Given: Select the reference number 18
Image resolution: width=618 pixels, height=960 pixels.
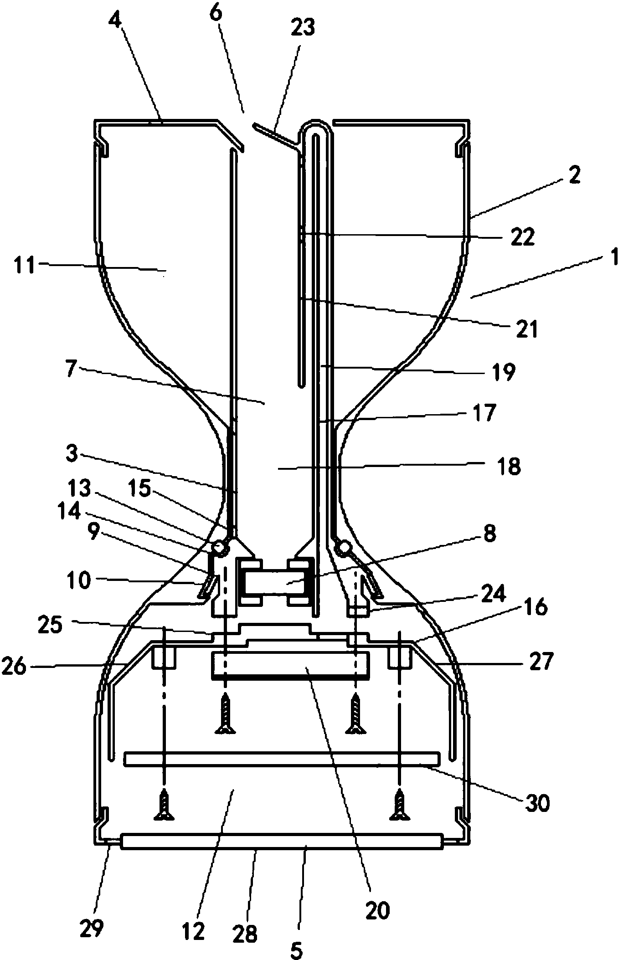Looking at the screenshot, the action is click(x=509, y=467).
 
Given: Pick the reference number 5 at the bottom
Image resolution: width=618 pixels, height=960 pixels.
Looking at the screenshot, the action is click(x=296, y=949).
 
